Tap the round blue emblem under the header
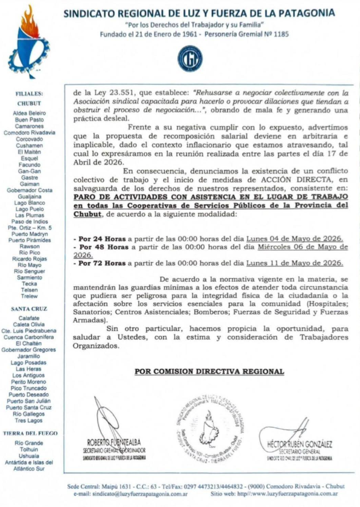(x=189, y=58)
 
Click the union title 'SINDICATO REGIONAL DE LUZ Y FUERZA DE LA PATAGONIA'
(x=199, y=13)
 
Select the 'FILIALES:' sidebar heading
(x=30, y=94)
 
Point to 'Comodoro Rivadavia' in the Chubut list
(x=30, y=133)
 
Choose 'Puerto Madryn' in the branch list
(x=30, y=234)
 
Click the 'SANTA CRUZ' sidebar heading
(x=30, y=308)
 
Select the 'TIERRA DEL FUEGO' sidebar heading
(x=30, y=433)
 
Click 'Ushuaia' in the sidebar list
(x=30, y=456)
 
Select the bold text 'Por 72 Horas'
(x=96, y=263)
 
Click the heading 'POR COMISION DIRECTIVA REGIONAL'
(x=209, y=371)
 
